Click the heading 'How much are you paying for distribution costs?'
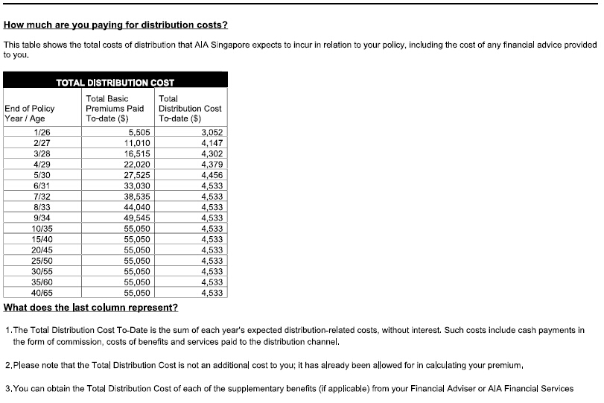point(115,25)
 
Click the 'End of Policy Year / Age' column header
point(30,113)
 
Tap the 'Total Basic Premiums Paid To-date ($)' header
point(115,108)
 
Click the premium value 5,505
point(140,132)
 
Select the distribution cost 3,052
point(212,132)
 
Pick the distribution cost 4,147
point(212,142)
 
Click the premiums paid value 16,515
point(137,153)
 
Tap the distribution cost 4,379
point(212,164)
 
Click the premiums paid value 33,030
point(137,185)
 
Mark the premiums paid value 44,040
point(137,207)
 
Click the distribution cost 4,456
point(212,175)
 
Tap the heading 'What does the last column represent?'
point(91,307)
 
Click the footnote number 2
point(7,366)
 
